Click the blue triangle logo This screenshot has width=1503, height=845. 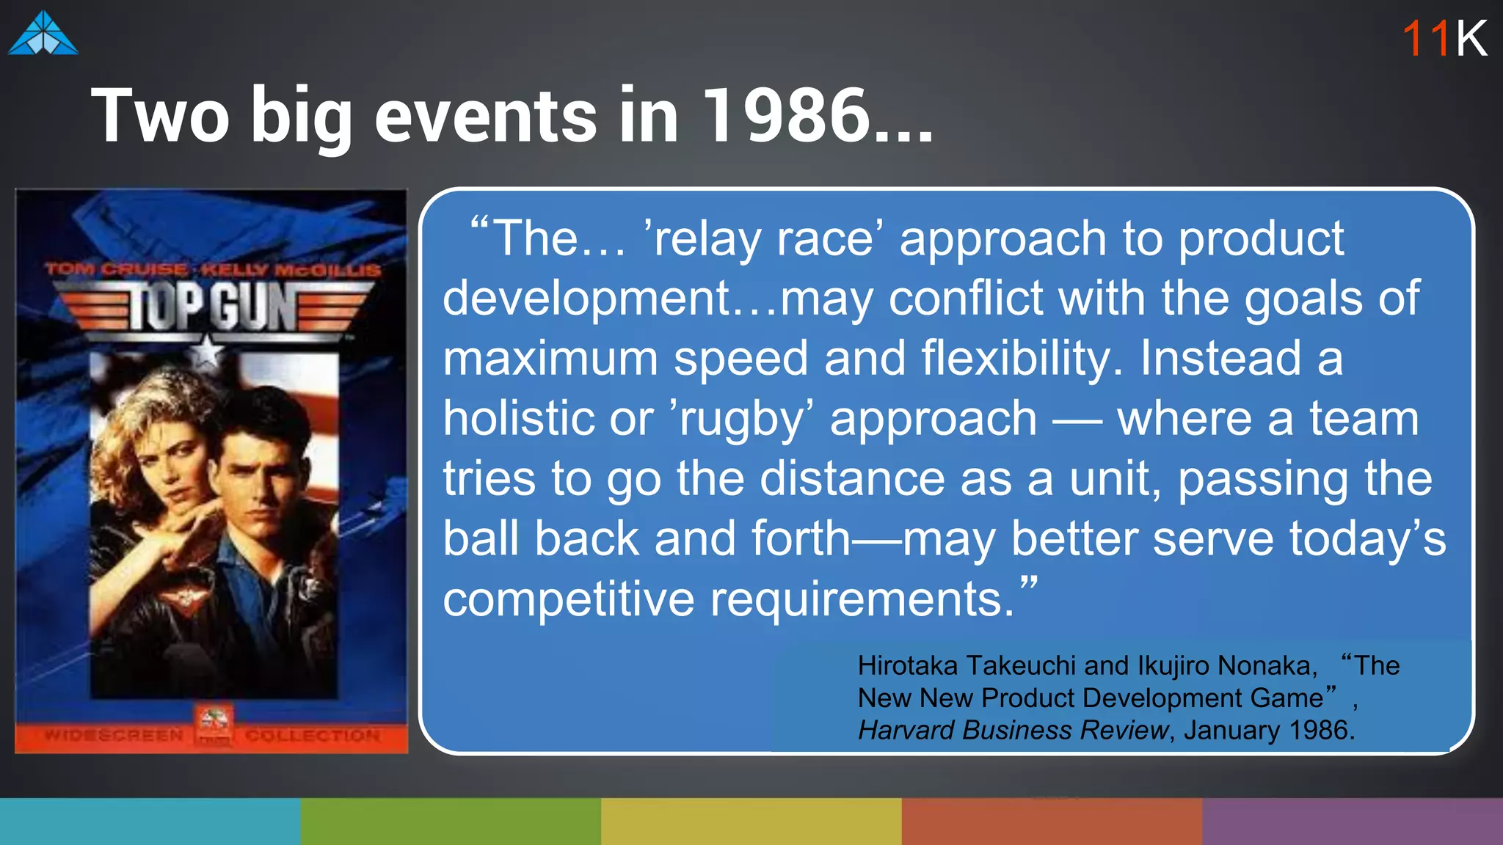click(43, 34)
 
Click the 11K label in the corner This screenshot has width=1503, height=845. click(1444, 38)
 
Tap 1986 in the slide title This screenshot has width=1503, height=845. click(785, 115)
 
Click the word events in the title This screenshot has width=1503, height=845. click(486, 115)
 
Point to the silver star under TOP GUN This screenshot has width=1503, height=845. click(208, 352)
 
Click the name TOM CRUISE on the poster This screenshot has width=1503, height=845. click(117, 269)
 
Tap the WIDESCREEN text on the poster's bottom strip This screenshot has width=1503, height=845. click(114, 735)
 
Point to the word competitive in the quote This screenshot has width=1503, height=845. click(568, 599)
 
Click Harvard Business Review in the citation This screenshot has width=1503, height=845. click(1013, 730)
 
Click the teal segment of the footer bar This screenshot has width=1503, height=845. click(150, 822)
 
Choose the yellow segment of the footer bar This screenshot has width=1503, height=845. click(751, 822)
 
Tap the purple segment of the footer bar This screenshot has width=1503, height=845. click(1353, 822)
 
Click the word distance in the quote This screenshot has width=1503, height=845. click(852, 479)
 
